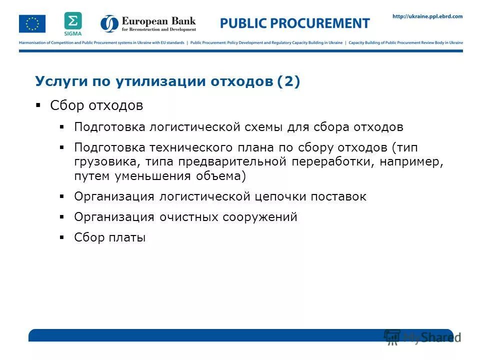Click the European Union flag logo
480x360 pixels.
click(32, 23)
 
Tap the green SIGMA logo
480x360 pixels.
click(72, 23)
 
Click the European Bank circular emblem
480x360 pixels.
click(109, 23)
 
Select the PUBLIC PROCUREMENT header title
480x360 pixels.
click(295, 23)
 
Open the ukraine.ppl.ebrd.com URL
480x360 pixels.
click(427, 16)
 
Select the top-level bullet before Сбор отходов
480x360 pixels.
click(38, 105)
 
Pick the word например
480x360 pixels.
click(411, 162)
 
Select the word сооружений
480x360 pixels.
click(263, 217)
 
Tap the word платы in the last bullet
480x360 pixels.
click(127, 237)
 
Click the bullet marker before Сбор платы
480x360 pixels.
click(62, 237)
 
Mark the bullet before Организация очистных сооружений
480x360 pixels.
click(62, 217)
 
